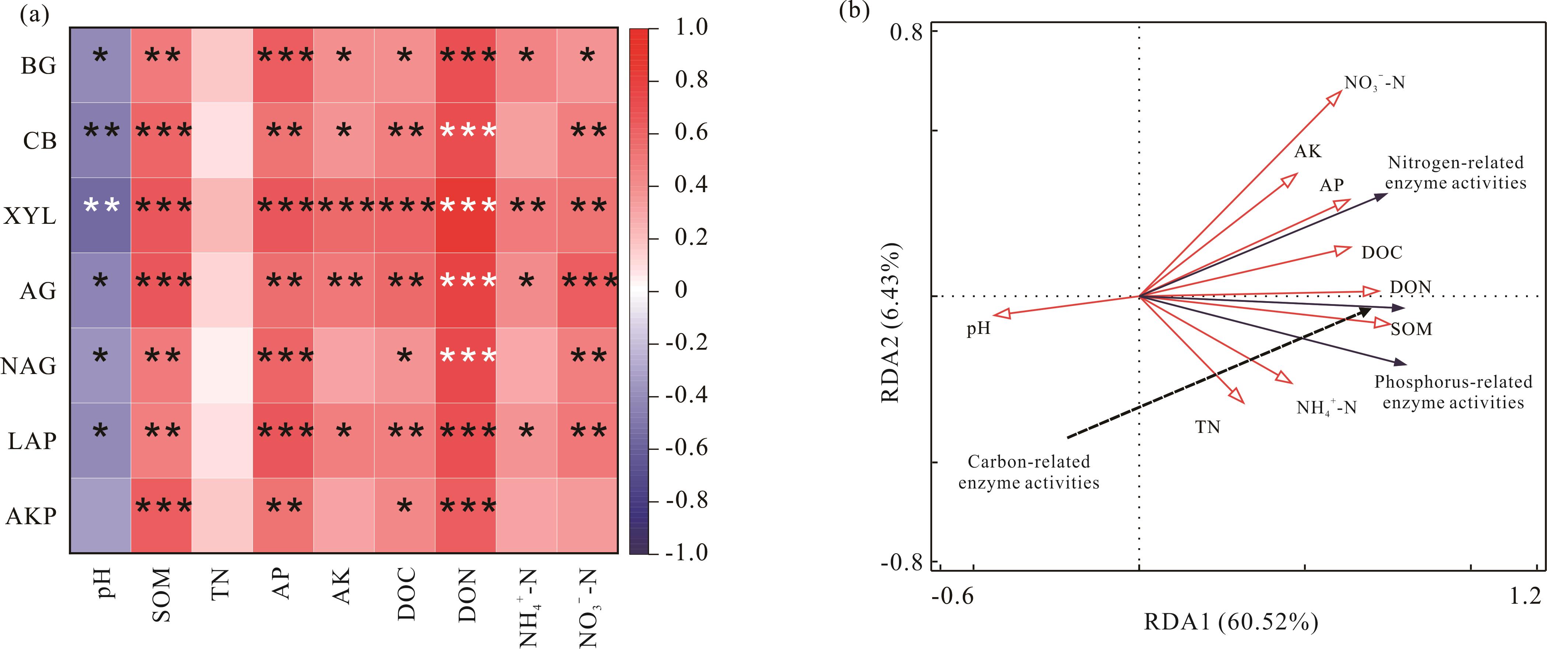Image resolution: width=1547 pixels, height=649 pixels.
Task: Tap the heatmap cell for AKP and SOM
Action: [x=162, y=515]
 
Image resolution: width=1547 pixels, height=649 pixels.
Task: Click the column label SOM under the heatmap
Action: [x=162, y=595]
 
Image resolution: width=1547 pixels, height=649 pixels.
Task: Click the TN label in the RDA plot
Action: [x=1208, y=427]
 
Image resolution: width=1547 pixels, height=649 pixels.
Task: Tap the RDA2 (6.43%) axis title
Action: [x=891, y=322]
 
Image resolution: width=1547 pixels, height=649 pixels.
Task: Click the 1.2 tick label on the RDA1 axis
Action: [x=1525, y=596]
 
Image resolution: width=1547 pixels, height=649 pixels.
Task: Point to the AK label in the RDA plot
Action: [x=1308, y=151]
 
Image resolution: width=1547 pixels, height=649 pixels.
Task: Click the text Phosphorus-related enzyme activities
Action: [x=1453, y=392]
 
